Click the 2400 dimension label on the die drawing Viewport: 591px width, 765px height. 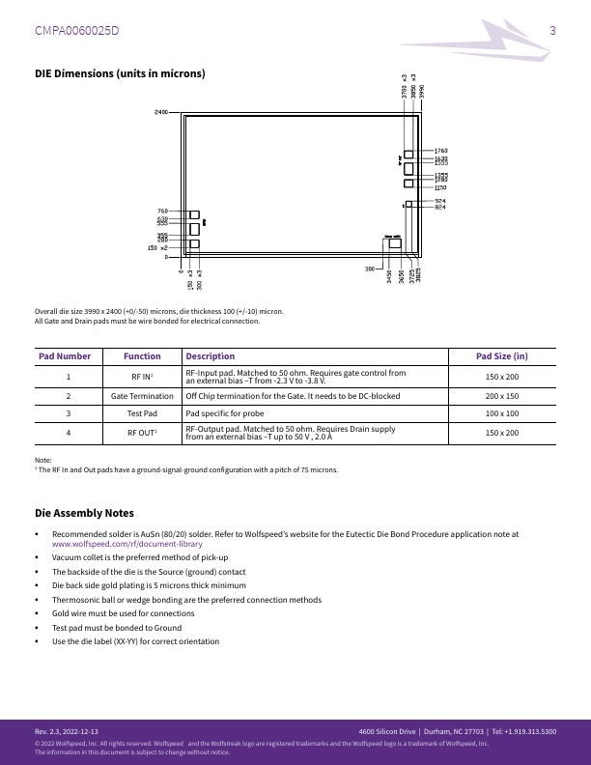tap(160, 112)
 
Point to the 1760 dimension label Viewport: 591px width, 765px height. tap(440, 152)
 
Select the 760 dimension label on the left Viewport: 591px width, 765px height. tap(162, 212)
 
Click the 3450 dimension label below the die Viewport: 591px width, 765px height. tap(389, 276)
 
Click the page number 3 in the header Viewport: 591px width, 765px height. tap(552, 30)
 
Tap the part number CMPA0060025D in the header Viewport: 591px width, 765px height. tap(77, 30)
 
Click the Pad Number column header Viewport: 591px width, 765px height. tap(65, 356)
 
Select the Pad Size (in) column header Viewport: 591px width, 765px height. tap(501, 356)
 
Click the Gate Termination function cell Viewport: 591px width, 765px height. tap(142, 396)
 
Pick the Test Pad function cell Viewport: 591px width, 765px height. tap(142, 413)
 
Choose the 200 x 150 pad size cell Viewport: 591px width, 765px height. tap(501, 396)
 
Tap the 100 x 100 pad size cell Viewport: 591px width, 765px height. tap(501, 413)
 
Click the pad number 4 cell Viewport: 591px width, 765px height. tap(68, 434)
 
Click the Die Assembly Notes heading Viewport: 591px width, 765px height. tap(84, 513)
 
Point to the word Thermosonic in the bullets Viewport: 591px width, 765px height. tap(76, 600)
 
